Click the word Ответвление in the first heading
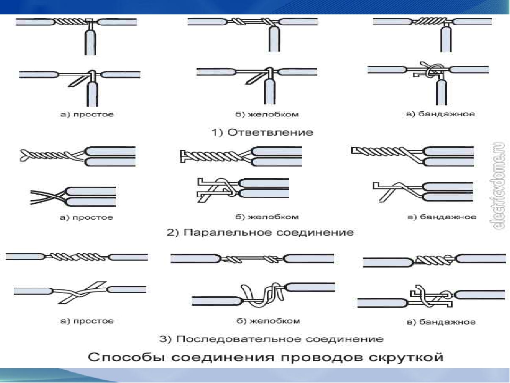270,132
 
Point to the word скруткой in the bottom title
406,357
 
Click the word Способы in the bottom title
127,357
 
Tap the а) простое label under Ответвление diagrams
87,114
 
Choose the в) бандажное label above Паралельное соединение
441,217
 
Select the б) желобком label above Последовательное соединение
268,321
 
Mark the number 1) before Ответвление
217,132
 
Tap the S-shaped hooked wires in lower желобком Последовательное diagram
264,294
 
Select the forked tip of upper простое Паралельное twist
25,156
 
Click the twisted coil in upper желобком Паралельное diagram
213,156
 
